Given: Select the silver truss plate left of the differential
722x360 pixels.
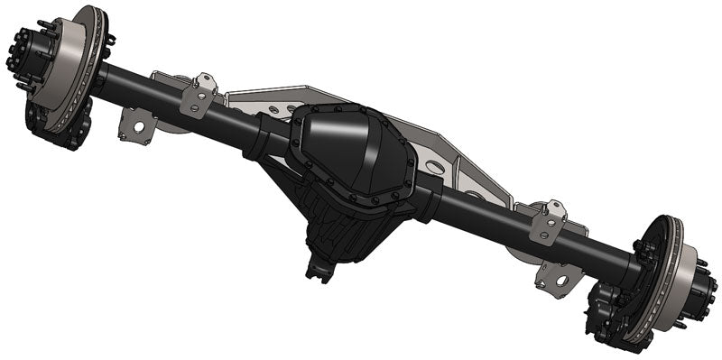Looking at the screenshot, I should click(x=262, y=104).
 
